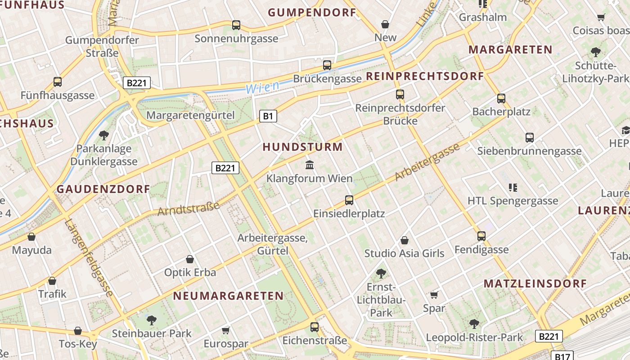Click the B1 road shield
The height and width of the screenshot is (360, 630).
tap(268, 117)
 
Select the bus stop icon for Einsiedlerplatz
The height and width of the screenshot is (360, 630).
tap(349, 200)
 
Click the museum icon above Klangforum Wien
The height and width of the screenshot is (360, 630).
tap(310, 165)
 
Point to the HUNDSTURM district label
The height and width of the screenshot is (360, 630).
tap(302, 147)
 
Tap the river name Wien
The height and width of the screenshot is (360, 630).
tap(262, 87)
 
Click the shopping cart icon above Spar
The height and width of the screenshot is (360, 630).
tap(434, 295)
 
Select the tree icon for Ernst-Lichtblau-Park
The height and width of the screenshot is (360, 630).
tap(381, 273)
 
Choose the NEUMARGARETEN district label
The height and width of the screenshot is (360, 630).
tap(229, 296)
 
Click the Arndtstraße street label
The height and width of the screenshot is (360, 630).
tap(189, 209)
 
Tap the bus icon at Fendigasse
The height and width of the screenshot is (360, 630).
tap(481, 236)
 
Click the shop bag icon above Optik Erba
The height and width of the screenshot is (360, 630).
tap(190, 260)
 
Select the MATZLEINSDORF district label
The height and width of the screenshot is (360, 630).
tap(535, 283)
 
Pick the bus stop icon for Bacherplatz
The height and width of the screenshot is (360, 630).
tap(501, 99)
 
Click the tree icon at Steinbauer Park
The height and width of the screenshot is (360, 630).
tap(152, 320)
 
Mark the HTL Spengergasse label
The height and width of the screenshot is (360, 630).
tap(513, 201)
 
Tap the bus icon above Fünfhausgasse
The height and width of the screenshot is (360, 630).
tap(58, 82)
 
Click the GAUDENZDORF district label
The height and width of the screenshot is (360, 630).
tap(103, 189)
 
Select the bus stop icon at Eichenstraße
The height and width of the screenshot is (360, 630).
tap(315, 327)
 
